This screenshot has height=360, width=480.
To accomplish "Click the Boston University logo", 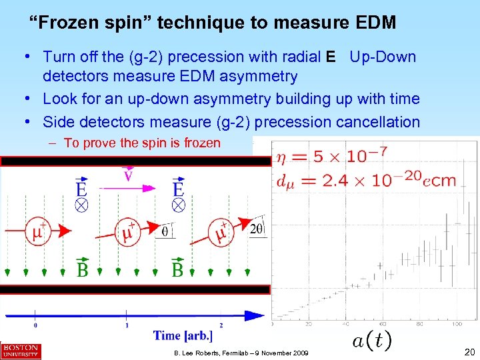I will (21, 351).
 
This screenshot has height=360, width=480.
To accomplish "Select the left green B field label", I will (81, 269).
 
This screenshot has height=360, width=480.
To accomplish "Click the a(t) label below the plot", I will (371, 341).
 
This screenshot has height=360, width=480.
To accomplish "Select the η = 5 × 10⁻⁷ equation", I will (331, 157).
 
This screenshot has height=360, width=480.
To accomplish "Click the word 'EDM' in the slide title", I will (371, 23).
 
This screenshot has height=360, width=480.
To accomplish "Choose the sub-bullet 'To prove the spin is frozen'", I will (142, 143).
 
